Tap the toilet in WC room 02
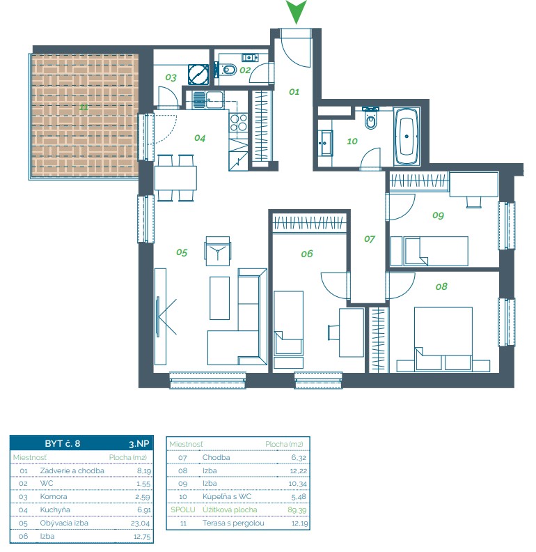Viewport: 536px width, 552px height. [x=228, y=70]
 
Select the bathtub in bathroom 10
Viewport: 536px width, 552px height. [x=407, y=136]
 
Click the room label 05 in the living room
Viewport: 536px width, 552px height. [x=182, y=252]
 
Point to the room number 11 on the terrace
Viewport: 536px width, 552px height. [x=84, y=107]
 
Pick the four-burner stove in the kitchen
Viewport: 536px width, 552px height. [x=239, y=123]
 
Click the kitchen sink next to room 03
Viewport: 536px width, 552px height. [x=208, y=100]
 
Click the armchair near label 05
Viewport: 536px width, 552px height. [x=218, y=251]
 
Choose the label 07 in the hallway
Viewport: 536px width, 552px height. [x=370, y=239]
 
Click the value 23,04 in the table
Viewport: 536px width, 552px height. [x=140, y=523]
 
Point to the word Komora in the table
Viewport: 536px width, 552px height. [x=54, y=497]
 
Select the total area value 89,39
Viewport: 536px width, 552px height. [x=297, y=510]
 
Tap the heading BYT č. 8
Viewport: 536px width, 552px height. [x=63, y=443]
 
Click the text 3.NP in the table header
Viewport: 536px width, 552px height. [x=139, y=444]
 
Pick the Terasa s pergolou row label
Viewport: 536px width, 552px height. [x=233, y=523]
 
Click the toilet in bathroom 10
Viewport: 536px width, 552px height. [x=370, y=118]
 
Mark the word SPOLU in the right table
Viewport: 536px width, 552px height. [x=182, y=509]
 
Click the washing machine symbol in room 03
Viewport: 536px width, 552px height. [x=198, y=75]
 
